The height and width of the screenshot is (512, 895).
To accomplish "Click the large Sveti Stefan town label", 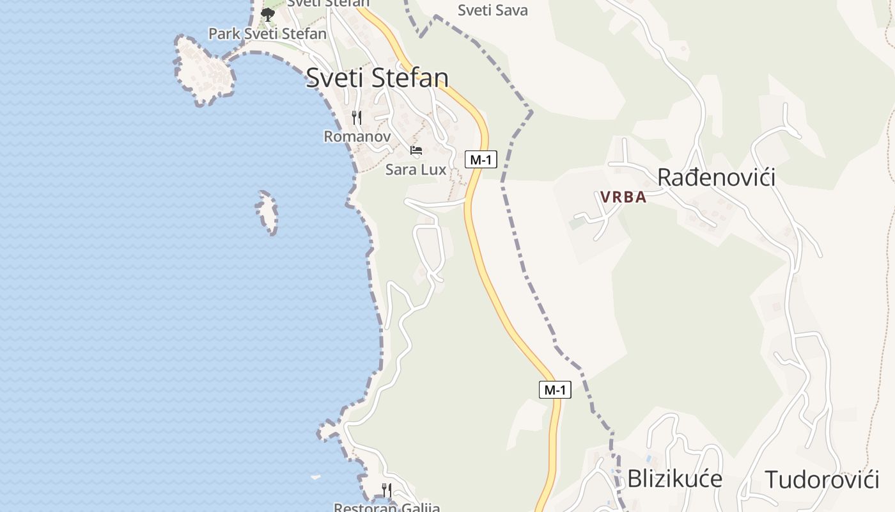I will click(x=377, y=78).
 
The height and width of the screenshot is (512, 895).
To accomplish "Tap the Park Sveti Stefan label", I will click(x=267, y=33).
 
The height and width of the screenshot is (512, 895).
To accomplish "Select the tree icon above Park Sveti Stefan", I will click(x=268, y=14).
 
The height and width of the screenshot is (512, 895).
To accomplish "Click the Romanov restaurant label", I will click(x=357, y=136).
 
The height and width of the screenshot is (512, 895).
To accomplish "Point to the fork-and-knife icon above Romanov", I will click(x=357, y=118).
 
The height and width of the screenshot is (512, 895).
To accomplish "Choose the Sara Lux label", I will click(x=416, y=170).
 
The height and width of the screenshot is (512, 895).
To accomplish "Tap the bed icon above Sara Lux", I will click(x=416, y=151).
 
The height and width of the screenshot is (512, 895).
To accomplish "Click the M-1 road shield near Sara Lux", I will click(x=481, y=159).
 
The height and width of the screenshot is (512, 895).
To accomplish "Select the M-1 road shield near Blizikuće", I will click(x=555, y=389).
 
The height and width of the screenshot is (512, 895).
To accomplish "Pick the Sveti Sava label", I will click(x=493, y=10).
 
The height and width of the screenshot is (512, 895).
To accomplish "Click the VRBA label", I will click(x=623, y=197).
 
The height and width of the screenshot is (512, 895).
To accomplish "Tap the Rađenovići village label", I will click(x=716, y=177).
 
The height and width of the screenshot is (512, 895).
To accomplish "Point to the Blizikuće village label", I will click(x=674, y=479).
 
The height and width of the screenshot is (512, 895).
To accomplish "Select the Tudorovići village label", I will click(x=822, y=479).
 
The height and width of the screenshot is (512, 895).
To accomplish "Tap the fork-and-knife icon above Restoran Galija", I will click(x=386, y=490).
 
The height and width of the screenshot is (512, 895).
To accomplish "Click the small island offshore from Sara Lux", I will click(x=267, y=212).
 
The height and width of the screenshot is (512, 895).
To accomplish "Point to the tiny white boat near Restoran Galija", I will click(x=315, y=477).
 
